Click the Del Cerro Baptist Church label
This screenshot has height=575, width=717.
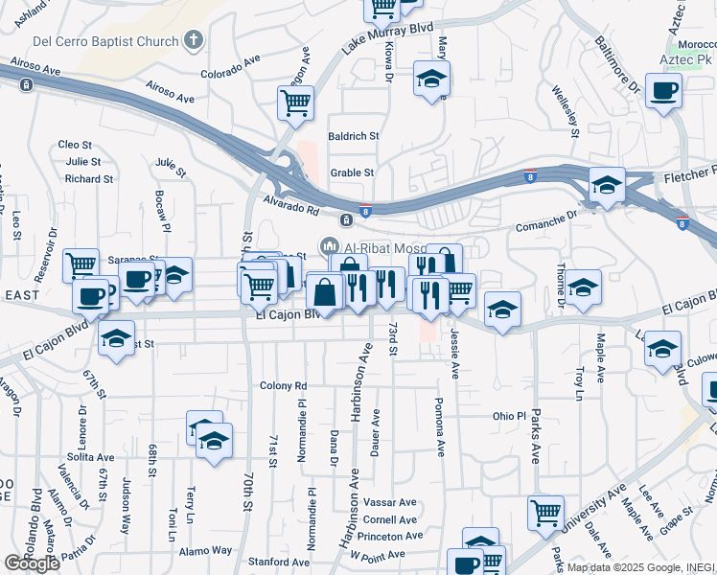pyautogui.click(x=105, y=41)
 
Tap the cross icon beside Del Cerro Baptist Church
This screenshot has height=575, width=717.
pyautogui.click(x=194, y=40)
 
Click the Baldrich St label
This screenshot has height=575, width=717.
pyautogui.click(x=354, y=136)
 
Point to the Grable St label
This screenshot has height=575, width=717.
pyautogui.click(x=352, y=173)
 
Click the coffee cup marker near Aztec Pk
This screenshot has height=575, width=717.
pyautogui.click(x=663, y=92)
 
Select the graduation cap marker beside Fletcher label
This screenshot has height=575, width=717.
pyautogui.click(x=607, y=185)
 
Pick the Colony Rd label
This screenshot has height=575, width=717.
pyautogui.click(x=283, y=386)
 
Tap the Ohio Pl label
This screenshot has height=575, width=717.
pyautogui.click(x=509, y=417)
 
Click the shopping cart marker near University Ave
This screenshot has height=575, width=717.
pyautogui.click(x=545, y=512)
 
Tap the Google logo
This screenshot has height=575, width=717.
pyautogui.click(x=32, y=563)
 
